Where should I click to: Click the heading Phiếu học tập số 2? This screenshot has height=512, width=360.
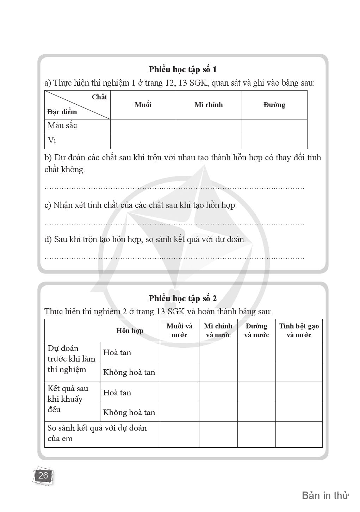click(182, 298)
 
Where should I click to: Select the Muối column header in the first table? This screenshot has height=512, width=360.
click(143, 105)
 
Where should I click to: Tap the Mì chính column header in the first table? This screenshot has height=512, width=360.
click(209, 105)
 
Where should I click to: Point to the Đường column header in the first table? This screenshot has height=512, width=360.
click(274, 105)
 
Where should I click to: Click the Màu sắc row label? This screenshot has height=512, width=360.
click(62, 126)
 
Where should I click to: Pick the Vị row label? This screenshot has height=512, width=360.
click(52, 141)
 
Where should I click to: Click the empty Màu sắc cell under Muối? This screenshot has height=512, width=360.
click(143, 127)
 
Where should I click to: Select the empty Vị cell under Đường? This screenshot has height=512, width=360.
click(274, 141)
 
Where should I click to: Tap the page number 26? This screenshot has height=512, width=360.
click(43, 476)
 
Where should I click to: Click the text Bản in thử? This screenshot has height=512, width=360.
click(325, 495)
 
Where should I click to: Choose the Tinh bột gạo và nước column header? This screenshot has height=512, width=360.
click(299, 330)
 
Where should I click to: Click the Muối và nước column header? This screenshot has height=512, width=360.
click(179, 330)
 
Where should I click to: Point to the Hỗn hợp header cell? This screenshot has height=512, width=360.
click(130, 331)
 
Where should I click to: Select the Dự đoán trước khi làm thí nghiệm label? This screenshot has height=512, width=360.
click(72, 359)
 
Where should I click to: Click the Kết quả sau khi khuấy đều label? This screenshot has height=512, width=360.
click(68, 399)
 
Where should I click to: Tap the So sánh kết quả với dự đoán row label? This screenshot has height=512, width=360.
click(97, 433)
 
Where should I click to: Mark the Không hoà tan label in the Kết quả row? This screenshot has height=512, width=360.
click(129, 412)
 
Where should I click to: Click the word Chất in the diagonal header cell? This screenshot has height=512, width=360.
click(99, 97)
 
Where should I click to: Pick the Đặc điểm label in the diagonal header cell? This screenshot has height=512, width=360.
click(62, 112)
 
